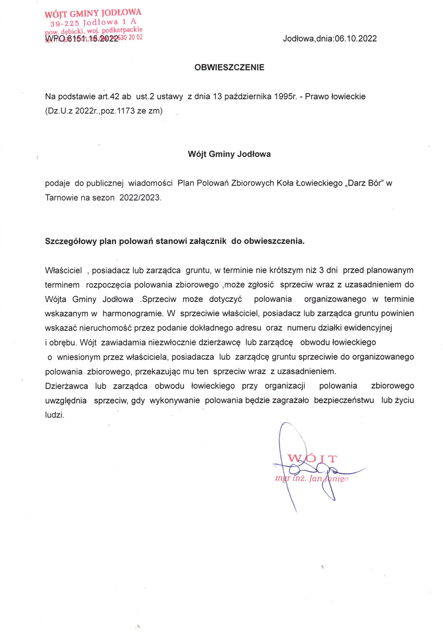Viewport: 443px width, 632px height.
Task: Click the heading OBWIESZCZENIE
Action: point(229,67)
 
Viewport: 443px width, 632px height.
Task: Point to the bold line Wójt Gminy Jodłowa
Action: point(229,154)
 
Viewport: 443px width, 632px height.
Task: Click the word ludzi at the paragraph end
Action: point(54,415)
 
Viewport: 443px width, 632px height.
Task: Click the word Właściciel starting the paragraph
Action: point(63,270)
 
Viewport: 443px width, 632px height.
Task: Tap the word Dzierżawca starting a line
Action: point(66,386)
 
